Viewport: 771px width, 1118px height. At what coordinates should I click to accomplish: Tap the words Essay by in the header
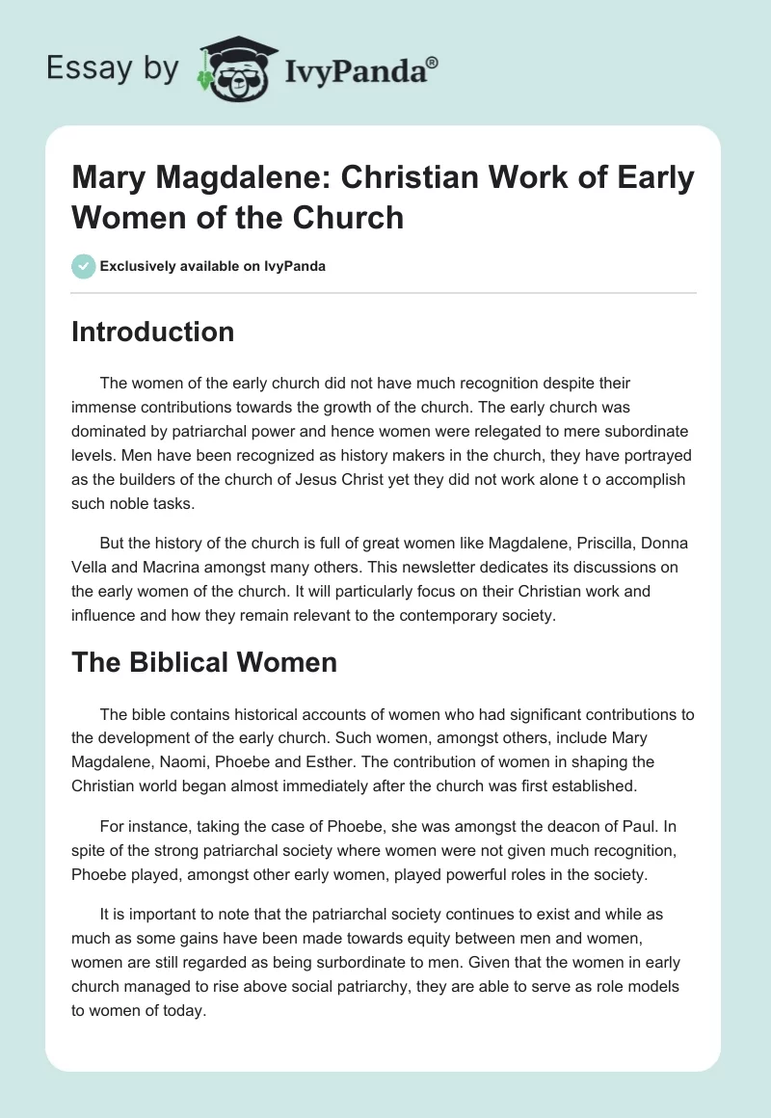pyautogui.click(x=113, y=68)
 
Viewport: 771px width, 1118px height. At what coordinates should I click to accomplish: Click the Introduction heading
pyautogui.click(x=153, y=332)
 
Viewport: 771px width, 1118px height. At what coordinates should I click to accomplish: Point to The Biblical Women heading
pyautogui.click(x=204, y=662)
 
